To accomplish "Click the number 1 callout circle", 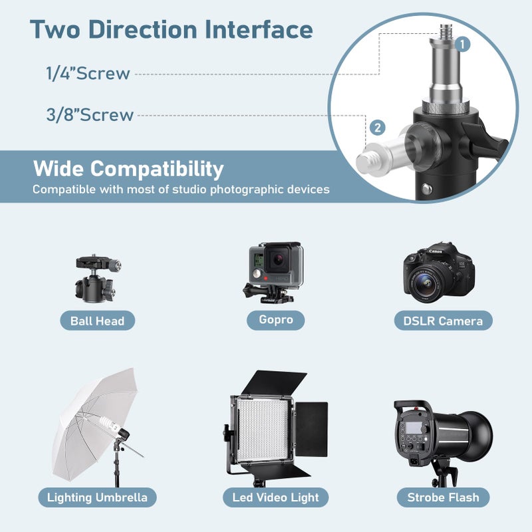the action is (x=462, y=44).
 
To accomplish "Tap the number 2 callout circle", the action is (x=378, y=128).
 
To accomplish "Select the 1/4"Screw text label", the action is (x=88, y=73).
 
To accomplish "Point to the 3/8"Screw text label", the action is (x=90, y=114).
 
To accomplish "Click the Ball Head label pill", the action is (x=97, y=321).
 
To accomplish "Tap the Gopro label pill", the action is (x=275, y=320).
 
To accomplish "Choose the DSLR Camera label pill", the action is (x=443, y=321).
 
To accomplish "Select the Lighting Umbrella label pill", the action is (x=97, y=497).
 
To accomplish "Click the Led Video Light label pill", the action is (x=275, y=497).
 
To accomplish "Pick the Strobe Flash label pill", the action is (x=443, y=497).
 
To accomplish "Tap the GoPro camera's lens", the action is (x=278, y=259).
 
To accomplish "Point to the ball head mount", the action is (x=98, y=278).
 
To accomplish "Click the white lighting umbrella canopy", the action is (x=91, y=424).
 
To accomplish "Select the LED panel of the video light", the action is (x=262, y=431).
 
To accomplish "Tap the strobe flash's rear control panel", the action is (x=413, y=438).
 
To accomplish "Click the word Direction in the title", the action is (x=143, y=29).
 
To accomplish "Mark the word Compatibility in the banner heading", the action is (x=157, y=169).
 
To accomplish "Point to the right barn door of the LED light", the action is (x=311, y=429).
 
